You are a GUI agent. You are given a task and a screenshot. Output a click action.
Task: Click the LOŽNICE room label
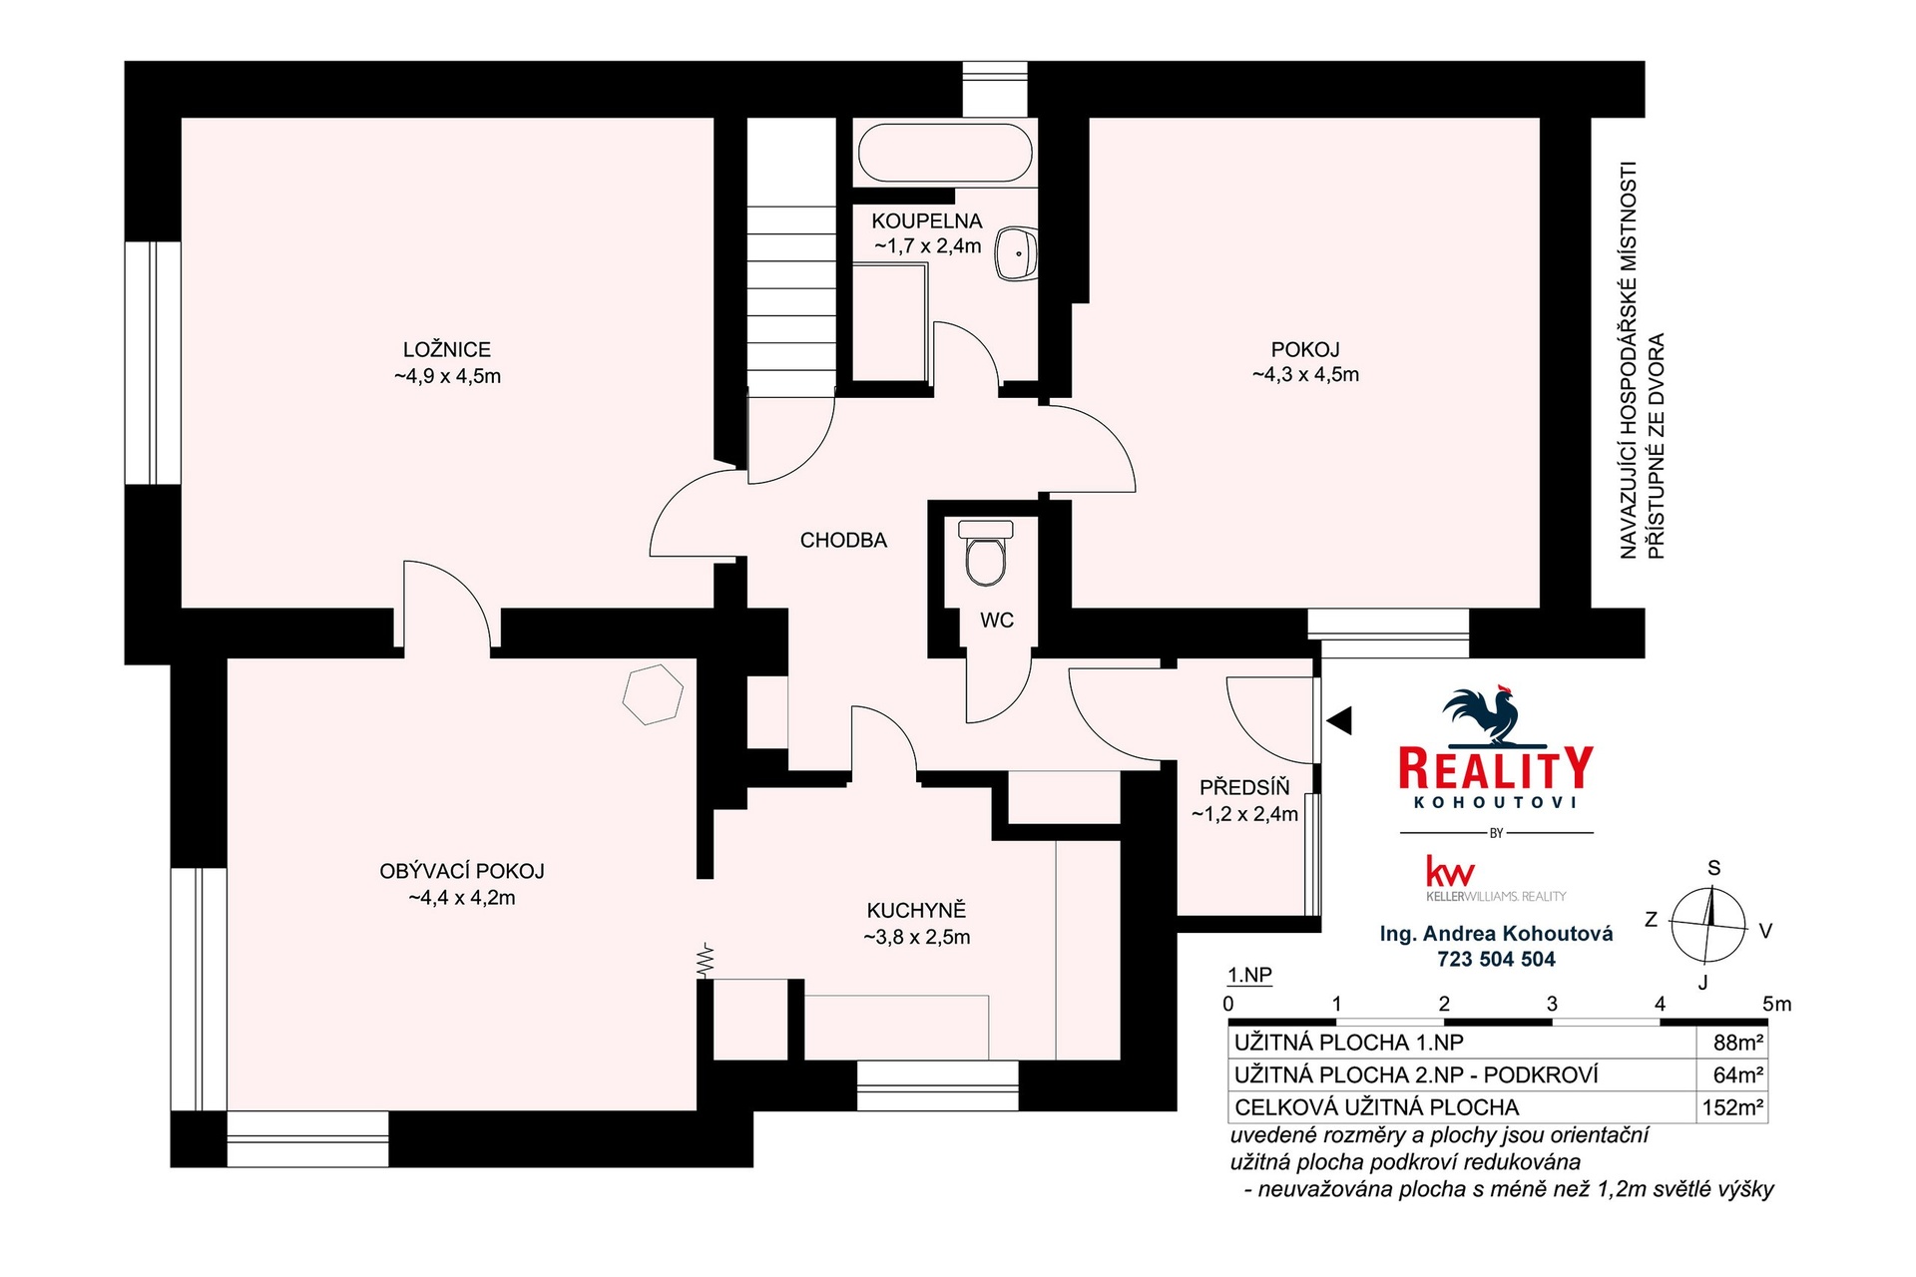[447, 349]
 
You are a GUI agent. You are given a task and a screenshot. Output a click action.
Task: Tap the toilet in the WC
[985, 553]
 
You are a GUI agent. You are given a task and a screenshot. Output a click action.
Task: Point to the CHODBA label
[843, 541]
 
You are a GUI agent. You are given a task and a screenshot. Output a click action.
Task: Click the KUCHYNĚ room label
[916, 910]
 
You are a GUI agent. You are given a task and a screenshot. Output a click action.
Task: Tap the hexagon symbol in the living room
[653, 693]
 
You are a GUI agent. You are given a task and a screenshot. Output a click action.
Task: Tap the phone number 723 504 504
[1496, 959]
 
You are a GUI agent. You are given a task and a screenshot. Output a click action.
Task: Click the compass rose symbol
[1708, 924]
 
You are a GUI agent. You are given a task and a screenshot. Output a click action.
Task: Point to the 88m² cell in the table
[1738, 1043]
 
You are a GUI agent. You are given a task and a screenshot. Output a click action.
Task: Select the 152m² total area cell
[1733, 1107]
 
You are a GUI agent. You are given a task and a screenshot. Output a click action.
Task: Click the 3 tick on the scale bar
[1552, 1005]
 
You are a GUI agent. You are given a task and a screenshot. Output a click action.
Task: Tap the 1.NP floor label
[1249, 976]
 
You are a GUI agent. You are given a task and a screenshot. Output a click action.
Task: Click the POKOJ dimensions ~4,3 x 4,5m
[1305, 375]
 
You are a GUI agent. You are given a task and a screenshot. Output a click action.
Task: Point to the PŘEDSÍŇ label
[1244, 787]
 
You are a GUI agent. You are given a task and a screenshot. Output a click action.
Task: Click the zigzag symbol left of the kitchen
[707, 960]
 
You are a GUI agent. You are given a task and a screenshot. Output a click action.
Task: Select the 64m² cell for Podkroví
[1738, 1075]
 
